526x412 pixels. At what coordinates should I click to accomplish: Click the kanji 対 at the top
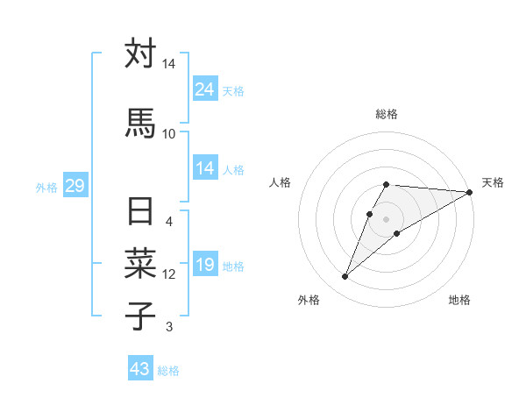tap(140, 54)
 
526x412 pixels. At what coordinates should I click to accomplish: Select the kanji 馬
tap(140, 123)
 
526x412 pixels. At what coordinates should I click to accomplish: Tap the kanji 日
tap(140, 213)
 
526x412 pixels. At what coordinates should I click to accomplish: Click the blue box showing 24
tap(205, 89)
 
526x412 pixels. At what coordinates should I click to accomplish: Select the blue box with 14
tap(205, 168)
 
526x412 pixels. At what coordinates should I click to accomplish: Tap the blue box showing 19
tap(205, 265)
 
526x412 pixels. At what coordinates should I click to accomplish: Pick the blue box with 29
tap(75, 186)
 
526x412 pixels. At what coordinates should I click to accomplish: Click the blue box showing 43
tap(140, 369)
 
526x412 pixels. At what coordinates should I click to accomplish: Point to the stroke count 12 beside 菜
tap(169, 274)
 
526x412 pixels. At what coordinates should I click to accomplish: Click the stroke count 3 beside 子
tap(169, 327)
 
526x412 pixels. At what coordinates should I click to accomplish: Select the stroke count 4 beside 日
tap(169, 222)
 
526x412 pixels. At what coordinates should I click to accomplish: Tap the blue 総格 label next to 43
tap(168, 371)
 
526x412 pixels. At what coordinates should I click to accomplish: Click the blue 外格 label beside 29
tap(46, 187)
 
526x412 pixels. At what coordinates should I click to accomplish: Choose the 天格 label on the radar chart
tap(493, 182)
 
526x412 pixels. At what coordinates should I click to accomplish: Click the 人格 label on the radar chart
tap(280, 182)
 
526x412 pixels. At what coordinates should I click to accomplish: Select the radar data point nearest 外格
tap(345, 277)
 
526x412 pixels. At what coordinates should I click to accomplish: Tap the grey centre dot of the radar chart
tap(387, 218)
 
